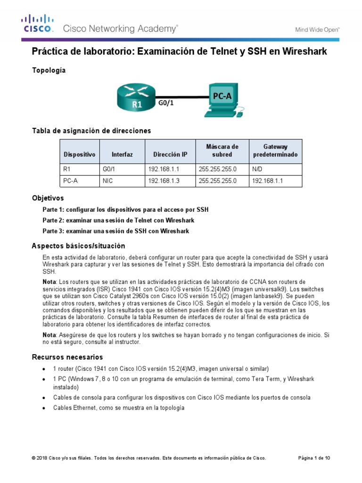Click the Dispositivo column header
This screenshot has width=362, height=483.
[79, 154]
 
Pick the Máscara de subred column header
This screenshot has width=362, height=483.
[222, 150]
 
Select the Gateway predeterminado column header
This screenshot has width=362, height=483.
[275, 150]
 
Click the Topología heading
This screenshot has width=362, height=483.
[49, 70]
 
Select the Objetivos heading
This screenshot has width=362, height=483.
[48, 198]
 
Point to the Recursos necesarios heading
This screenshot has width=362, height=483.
[67, 357]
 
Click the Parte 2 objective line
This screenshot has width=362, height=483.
[118, 220]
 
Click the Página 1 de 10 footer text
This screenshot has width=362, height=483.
[314, 458]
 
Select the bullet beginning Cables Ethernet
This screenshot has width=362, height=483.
[118, 408]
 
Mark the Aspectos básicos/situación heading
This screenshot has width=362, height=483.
[78, 246]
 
